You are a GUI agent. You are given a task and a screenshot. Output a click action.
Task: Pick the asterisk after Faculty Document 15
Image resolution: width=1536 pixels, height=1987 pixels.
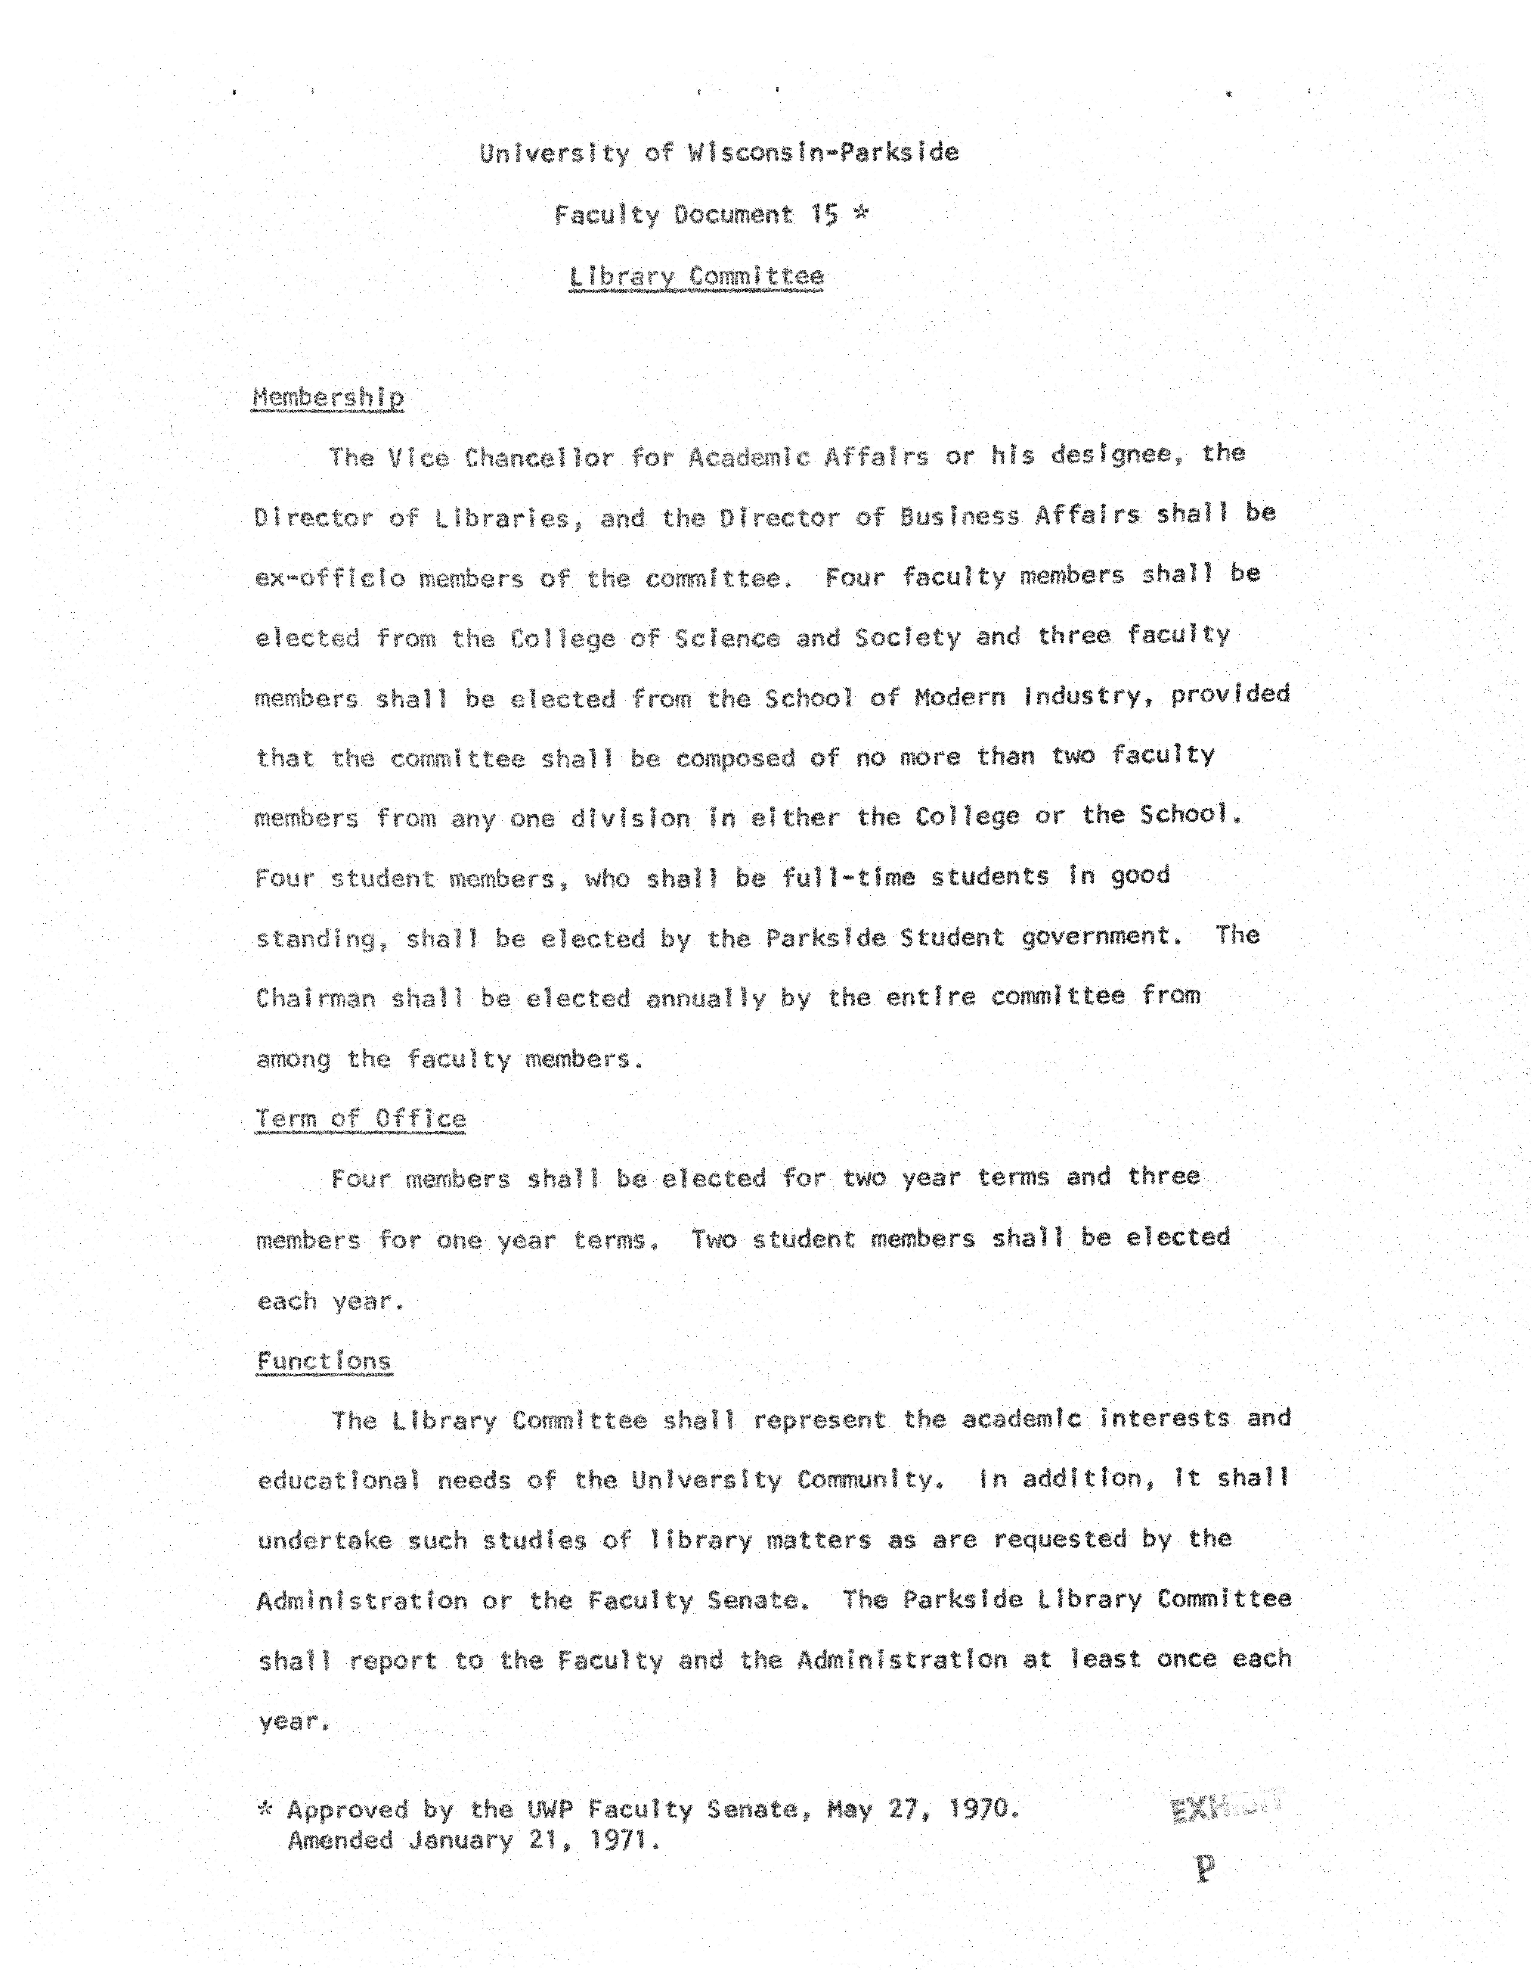pyautogui.click(x=859, y=214)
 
